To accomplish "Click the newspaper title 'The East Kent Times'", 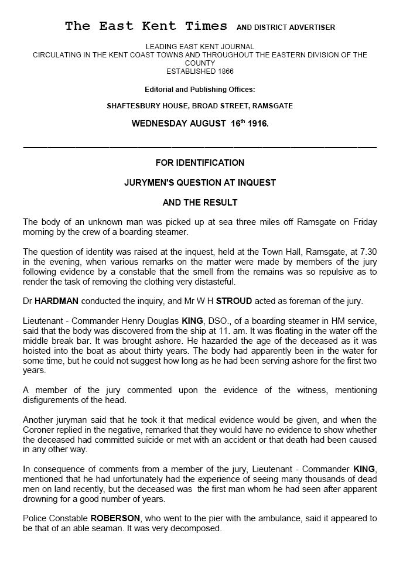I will tap(146, 26).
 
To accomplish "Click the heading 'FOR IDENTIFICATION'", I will tap(200, 162).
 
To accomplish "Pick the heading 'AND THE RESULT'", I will tap(200, 203).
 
